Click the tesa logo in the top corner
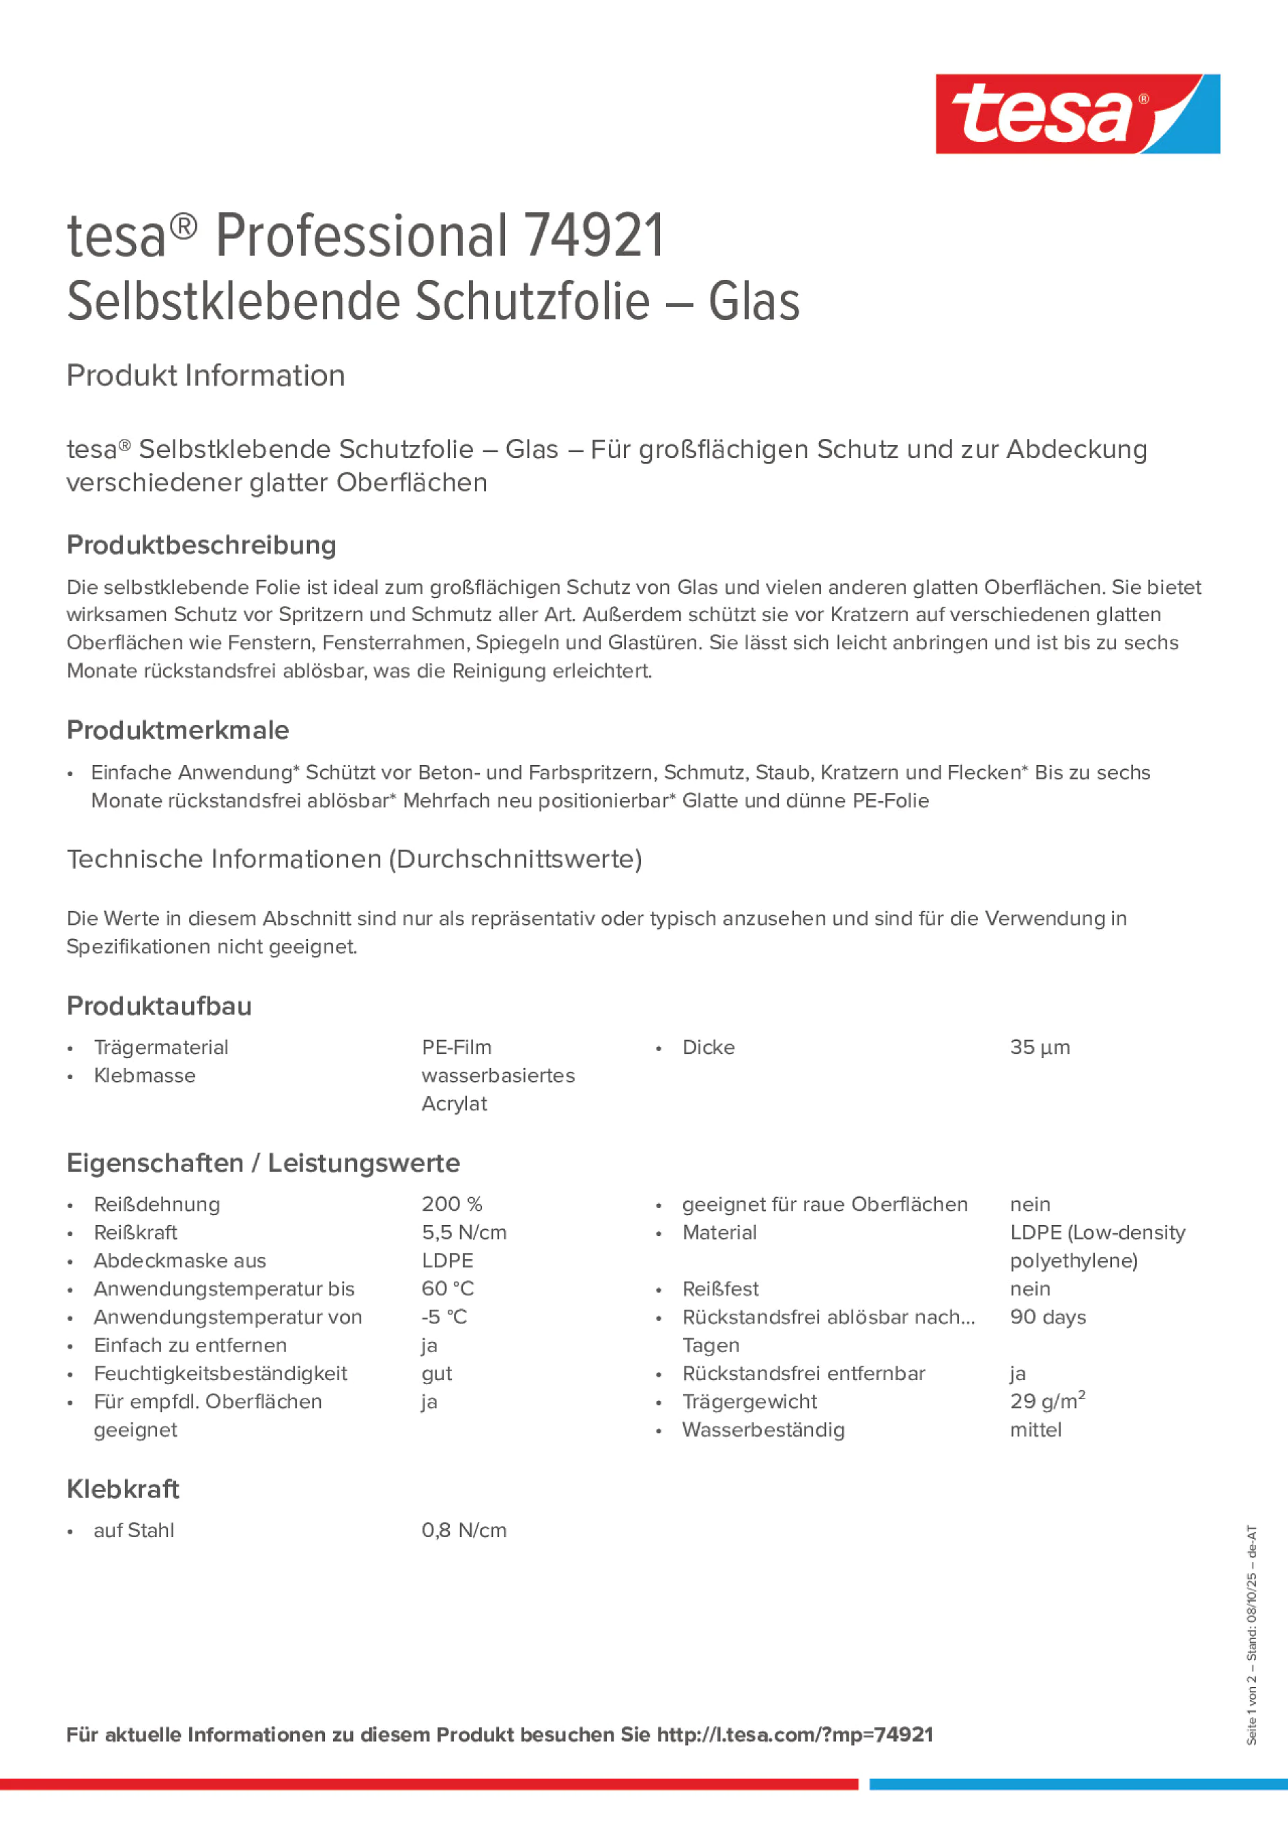point(1077,113)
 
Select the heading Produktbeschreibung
point(201,545)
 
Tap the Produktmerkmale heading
point(178,730)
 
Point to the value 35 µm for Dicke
point(1040,1047)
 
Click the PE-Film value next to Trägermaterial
point(457,1047)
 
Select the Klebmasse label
point(145,1075)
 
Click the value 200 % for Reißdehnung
point(452,1204)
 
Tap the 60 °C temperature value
point(448,1289)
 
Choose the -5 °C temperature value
point(444,1317)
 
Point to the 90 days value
point(1047,1317)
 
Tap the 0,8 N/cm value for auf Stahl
point(463,1530)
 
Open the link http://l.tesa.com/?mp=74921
point(794,1734)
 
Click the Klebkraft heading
point(123,1489)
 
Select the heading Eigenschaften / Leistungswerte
point(263,1162)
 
